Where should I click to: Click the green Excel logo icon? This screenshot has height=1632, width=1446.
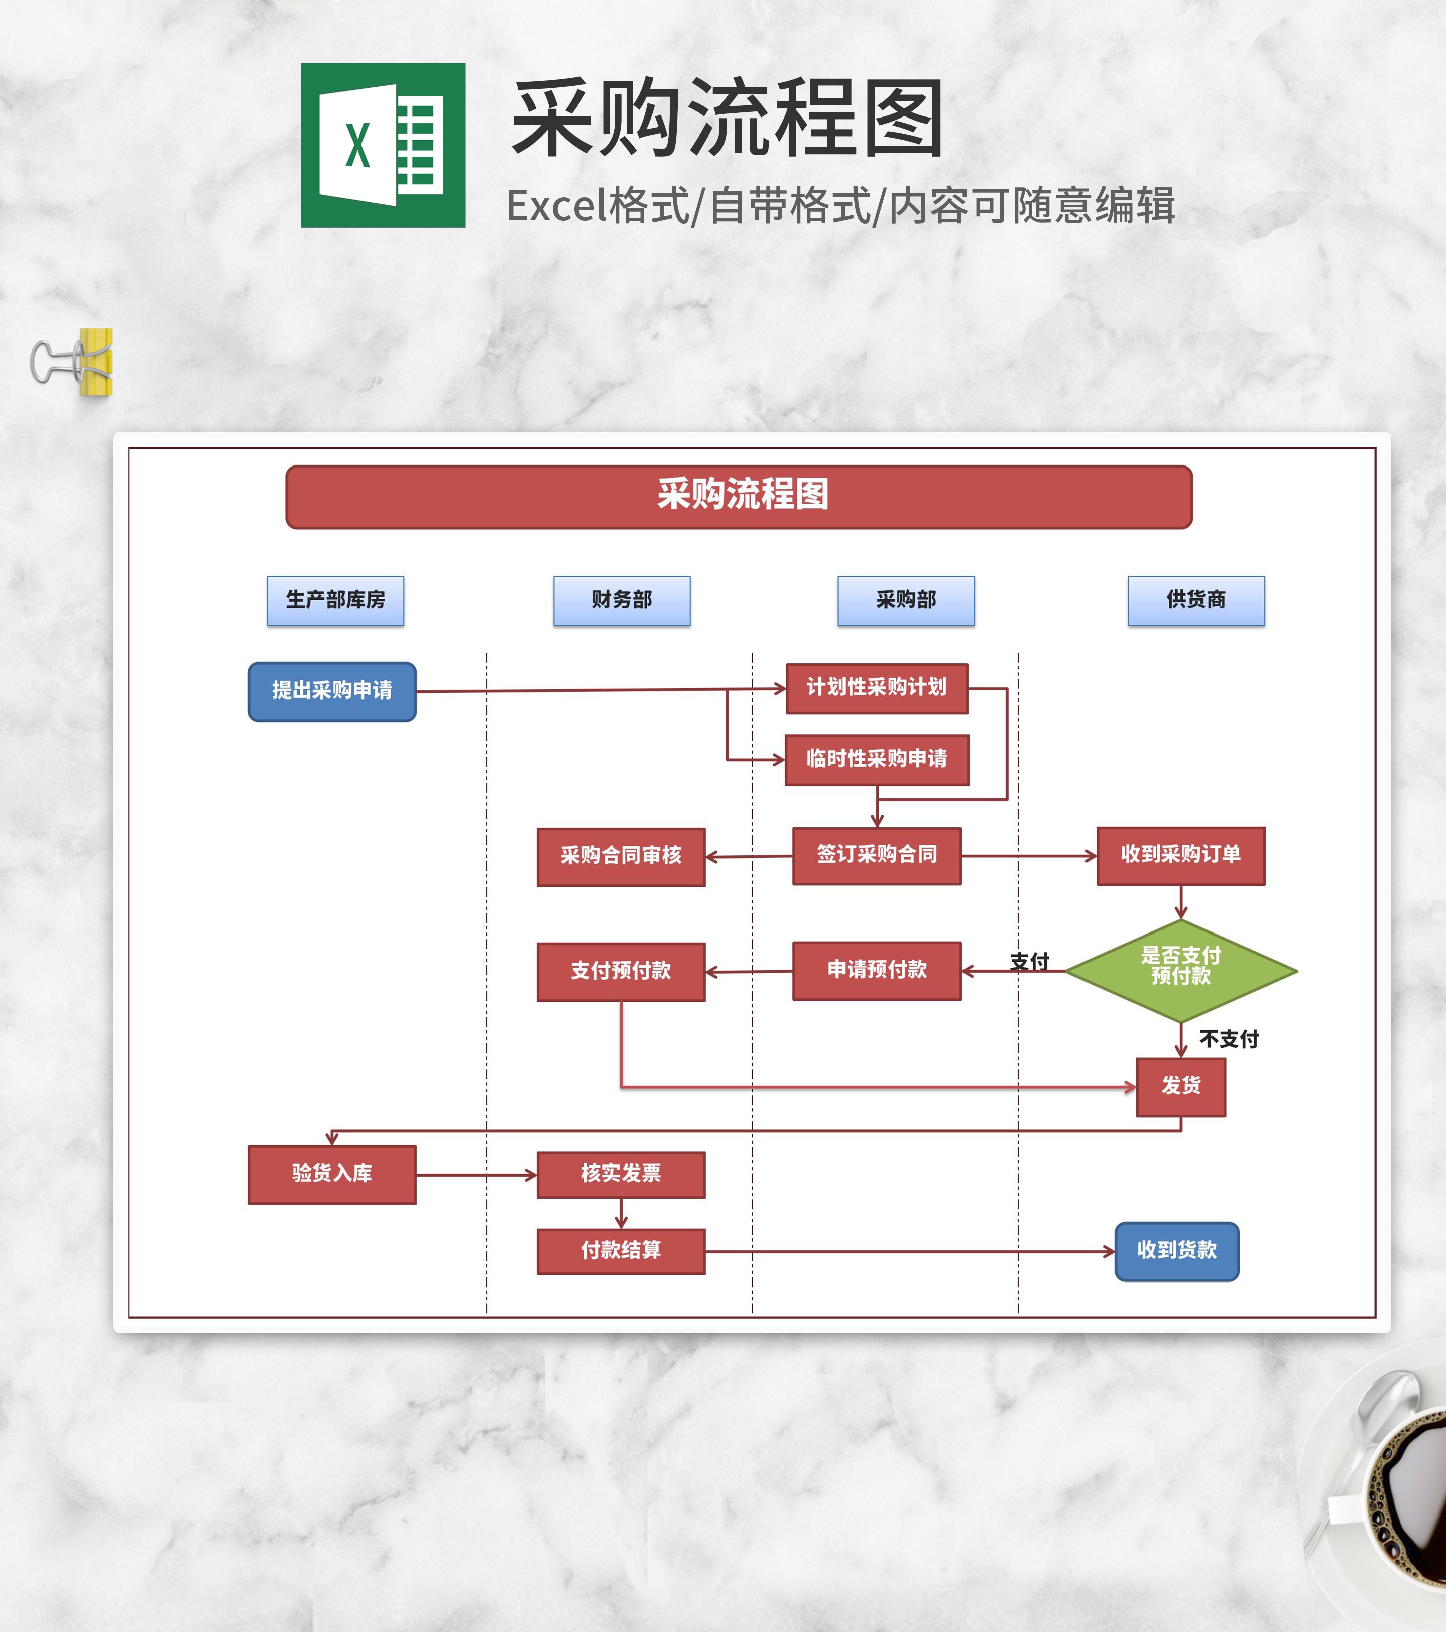(x=383, y=145)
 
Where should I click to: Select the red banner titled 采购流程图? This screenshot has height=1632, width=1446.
(x=739, y=497)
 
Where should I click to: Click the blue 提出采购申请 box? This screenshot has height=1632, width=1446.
(x=332, y=691)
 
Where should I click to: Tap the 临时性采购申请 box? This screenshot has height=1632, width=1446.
(x=877, y=759)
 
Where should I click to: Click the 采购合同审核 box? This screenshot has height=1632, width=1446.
(x=621, y=857)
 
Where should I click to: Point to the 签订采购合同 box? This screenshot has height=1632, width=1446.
(x=877, y=855)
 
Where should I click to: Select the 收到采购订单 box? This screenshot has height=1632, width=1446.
(x=1180, y=855)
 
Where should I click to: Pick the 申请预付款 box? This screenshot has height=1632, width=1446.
(x=877, y=970)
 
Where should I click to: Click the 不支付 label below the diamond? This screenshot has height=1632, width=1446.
(x=1229, y=1039)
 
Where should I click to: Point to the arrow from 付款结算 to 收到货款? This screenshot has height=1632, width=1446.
(x=910, y=1252)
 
